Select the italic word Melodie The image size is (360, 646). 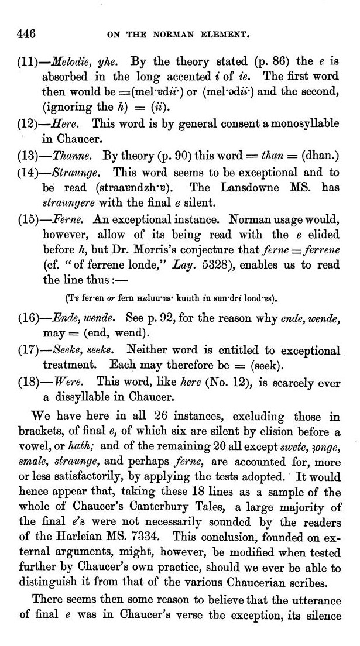(x=70, y=61)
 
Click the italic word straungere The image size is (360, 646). (x=68, y=204)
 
